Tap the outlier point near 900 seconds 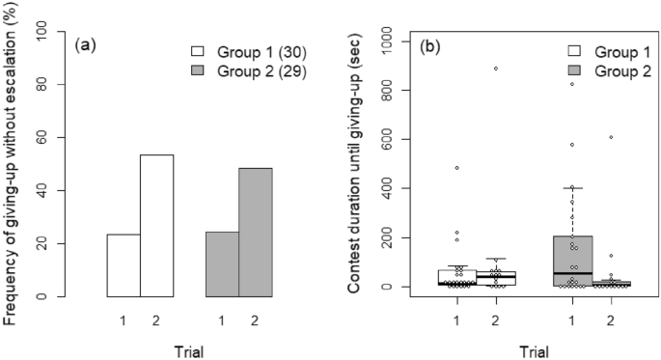[x=496, y=69]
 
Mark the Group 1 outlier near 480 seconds [x=456, y=168]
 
